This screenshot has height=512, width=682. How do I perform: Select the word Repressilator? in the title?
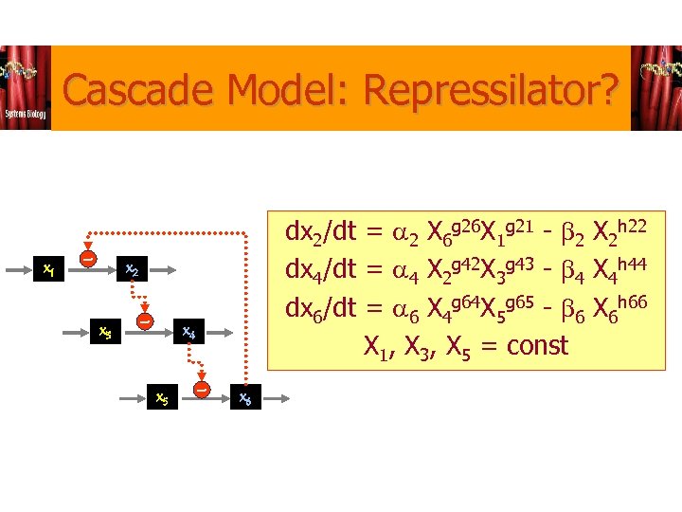tap(491, 92)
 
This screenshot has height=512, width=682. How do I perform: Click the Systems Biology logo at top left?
tap(26, 87)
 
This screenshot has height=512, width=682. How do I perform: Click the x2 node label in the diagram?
tap(133, 270)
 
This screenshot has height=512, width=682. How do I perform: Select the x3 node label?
tap(106, 332)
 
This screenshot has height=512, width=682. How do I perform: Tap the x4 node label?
tap(189, 332)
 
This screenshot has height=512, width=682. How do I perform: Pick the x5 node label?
tap(163, 398)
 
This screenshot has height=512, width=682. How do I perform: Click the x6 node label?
tap(245, 398)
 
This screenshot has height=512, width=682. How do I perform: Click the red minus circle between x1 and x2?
tap(87, 258)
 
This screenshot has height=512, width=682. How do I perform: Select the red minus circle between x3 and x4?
tap(145, 321)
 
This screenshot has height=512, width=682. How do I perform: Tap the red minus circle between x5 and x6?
tap(202, 387)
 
